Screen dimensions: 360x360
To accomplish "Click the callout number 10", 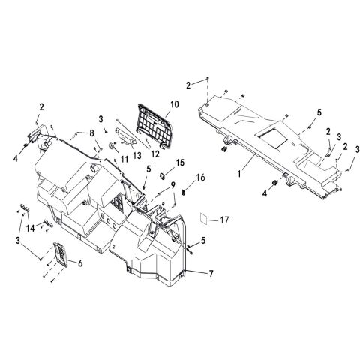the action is point(175,104).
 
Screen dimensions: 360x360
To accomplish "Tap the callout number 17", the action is point(224,220).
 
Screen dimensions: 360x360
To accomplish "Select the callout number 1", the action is point(239,173).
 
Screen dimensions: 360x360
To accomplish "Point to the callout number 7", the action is point(211,274).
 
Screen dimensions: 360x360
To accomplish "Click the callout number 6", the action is point(80,263).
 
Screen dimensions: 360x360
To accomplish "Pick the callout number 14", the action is point(31,228).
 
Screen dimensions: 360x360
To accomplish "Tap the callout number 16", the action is point(200,178).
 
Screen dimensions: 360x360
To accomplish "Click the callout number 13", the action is point(137,155).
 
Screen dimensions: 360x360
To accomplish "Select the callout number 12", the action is point(155,154).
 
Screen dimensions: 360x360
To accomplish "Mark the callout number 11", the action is point(124,159).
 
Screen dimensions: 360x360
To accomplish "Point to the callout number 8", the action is point(91,133).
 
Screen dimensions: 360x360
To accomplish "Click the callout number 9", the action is point(172,185).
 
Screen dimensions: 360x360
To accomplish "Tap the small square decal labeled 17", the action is point(203,218).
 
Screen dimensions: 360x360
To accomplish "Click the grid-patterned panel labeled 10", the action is point(154,126).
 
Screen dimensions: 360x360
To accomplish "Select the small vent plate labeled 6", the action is point(61,254).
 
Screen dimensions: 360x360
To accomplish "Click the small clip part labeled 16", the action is point(184,193).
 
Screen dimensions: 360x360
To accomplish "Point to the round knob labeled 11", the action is point(111,145).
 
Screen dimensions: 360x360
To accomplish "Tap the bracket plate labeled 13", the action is point(125,136).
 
